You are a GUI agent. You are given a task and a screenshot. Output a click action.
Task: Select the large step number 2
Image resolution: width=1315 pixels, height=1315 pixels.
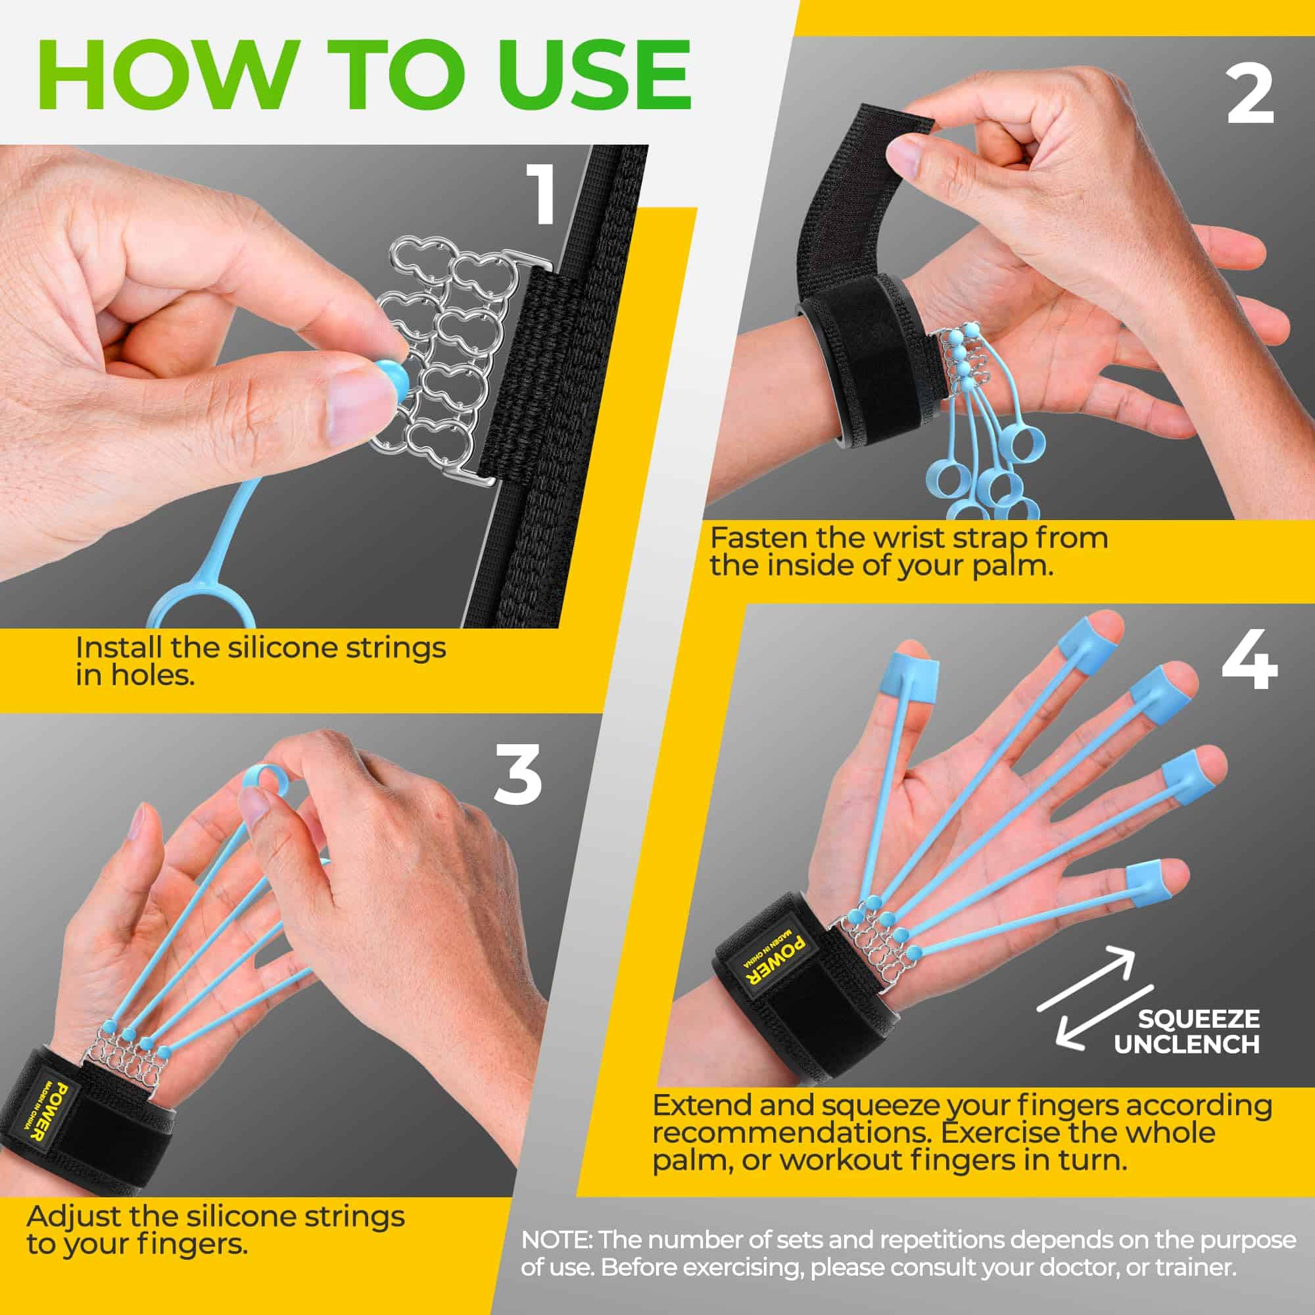tap(1250, 95)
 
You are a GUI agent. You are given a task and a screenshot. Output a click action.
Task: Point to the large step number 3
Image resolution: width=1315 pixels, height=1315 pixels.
tap(518, 774)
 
